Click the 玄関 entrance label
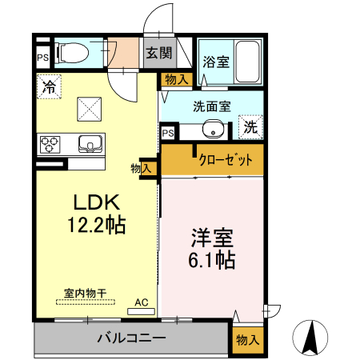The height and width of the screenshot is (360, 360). tap(158, 54)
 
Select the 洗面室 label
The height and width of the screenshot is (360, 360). tap(211, 105)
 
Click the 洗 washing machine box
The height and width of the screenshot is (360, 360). tap(250, 126)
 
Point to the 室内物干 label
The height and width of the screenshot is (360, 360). tap(84, 294)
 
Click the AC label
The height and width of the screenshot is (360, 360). tap(142, 302)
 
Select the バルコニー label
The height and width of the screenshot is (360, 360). tap(132, 338)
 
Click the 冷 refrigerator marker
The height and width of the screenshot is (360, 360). tap(49, 85)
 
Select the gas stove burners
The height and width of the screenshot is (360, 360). tap(50, 145)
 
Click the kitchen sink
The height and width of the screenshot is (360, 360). tap(89, 144)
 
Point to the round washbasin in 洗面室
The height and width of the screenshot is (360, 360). tap(211, 128)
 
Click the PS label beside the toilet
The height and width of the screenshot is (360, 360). tap(42, 57)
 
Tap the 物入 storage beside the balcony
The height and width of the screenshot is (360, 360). tap(247, 339)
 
